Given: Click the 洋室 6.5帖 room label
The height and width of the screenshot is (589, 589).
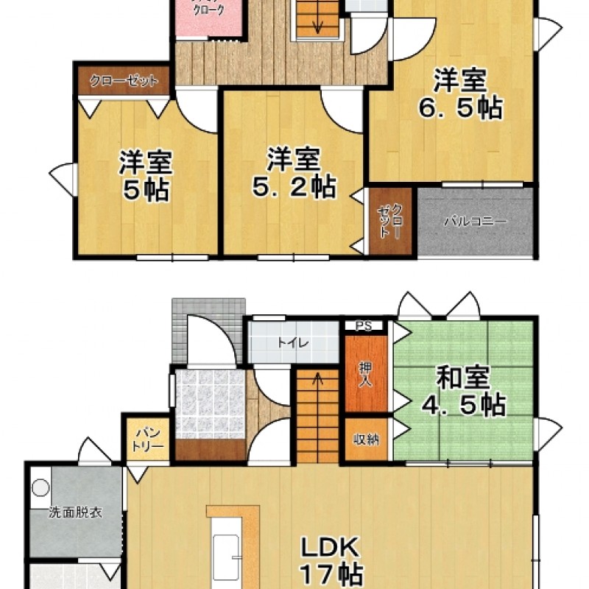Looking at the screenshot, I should coord(459,94).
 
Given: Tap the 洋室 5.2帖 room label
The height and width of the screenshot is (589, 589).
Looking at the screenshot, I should coord(294,172).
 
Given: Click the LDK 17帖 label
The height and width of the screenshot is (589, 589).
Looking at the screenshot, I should coord(329,560).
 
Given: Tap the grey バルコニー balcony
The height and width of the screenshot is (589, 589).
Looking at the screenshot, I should coord(475,221).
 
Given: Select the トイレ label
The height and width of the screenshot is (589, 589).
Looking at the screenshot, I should coord(292,342).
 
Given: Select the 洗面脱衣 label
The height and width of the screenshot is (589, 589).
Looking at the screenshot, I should coord(75,512).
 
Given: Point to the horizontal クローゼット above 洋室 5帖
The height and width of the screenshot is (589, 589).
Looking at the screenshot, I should coord(124,80).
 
